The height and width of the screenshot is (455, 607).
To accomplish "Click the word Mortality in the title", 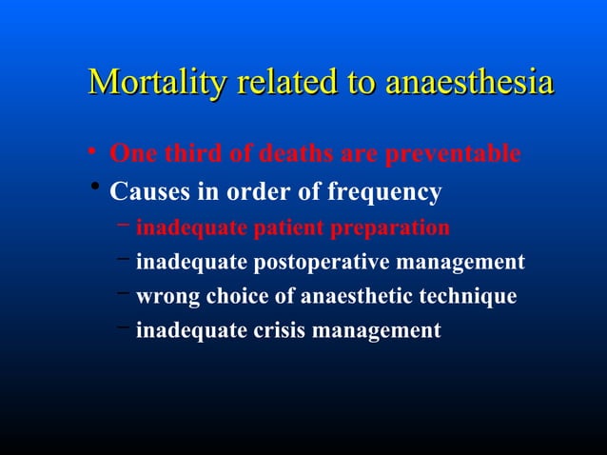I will tap(147, 83).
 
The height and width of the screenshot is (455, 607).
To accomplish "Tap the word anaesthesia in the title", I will tap(469, 83).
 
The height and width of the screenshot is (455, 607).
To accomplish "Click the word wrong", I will tap(166, 296).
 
